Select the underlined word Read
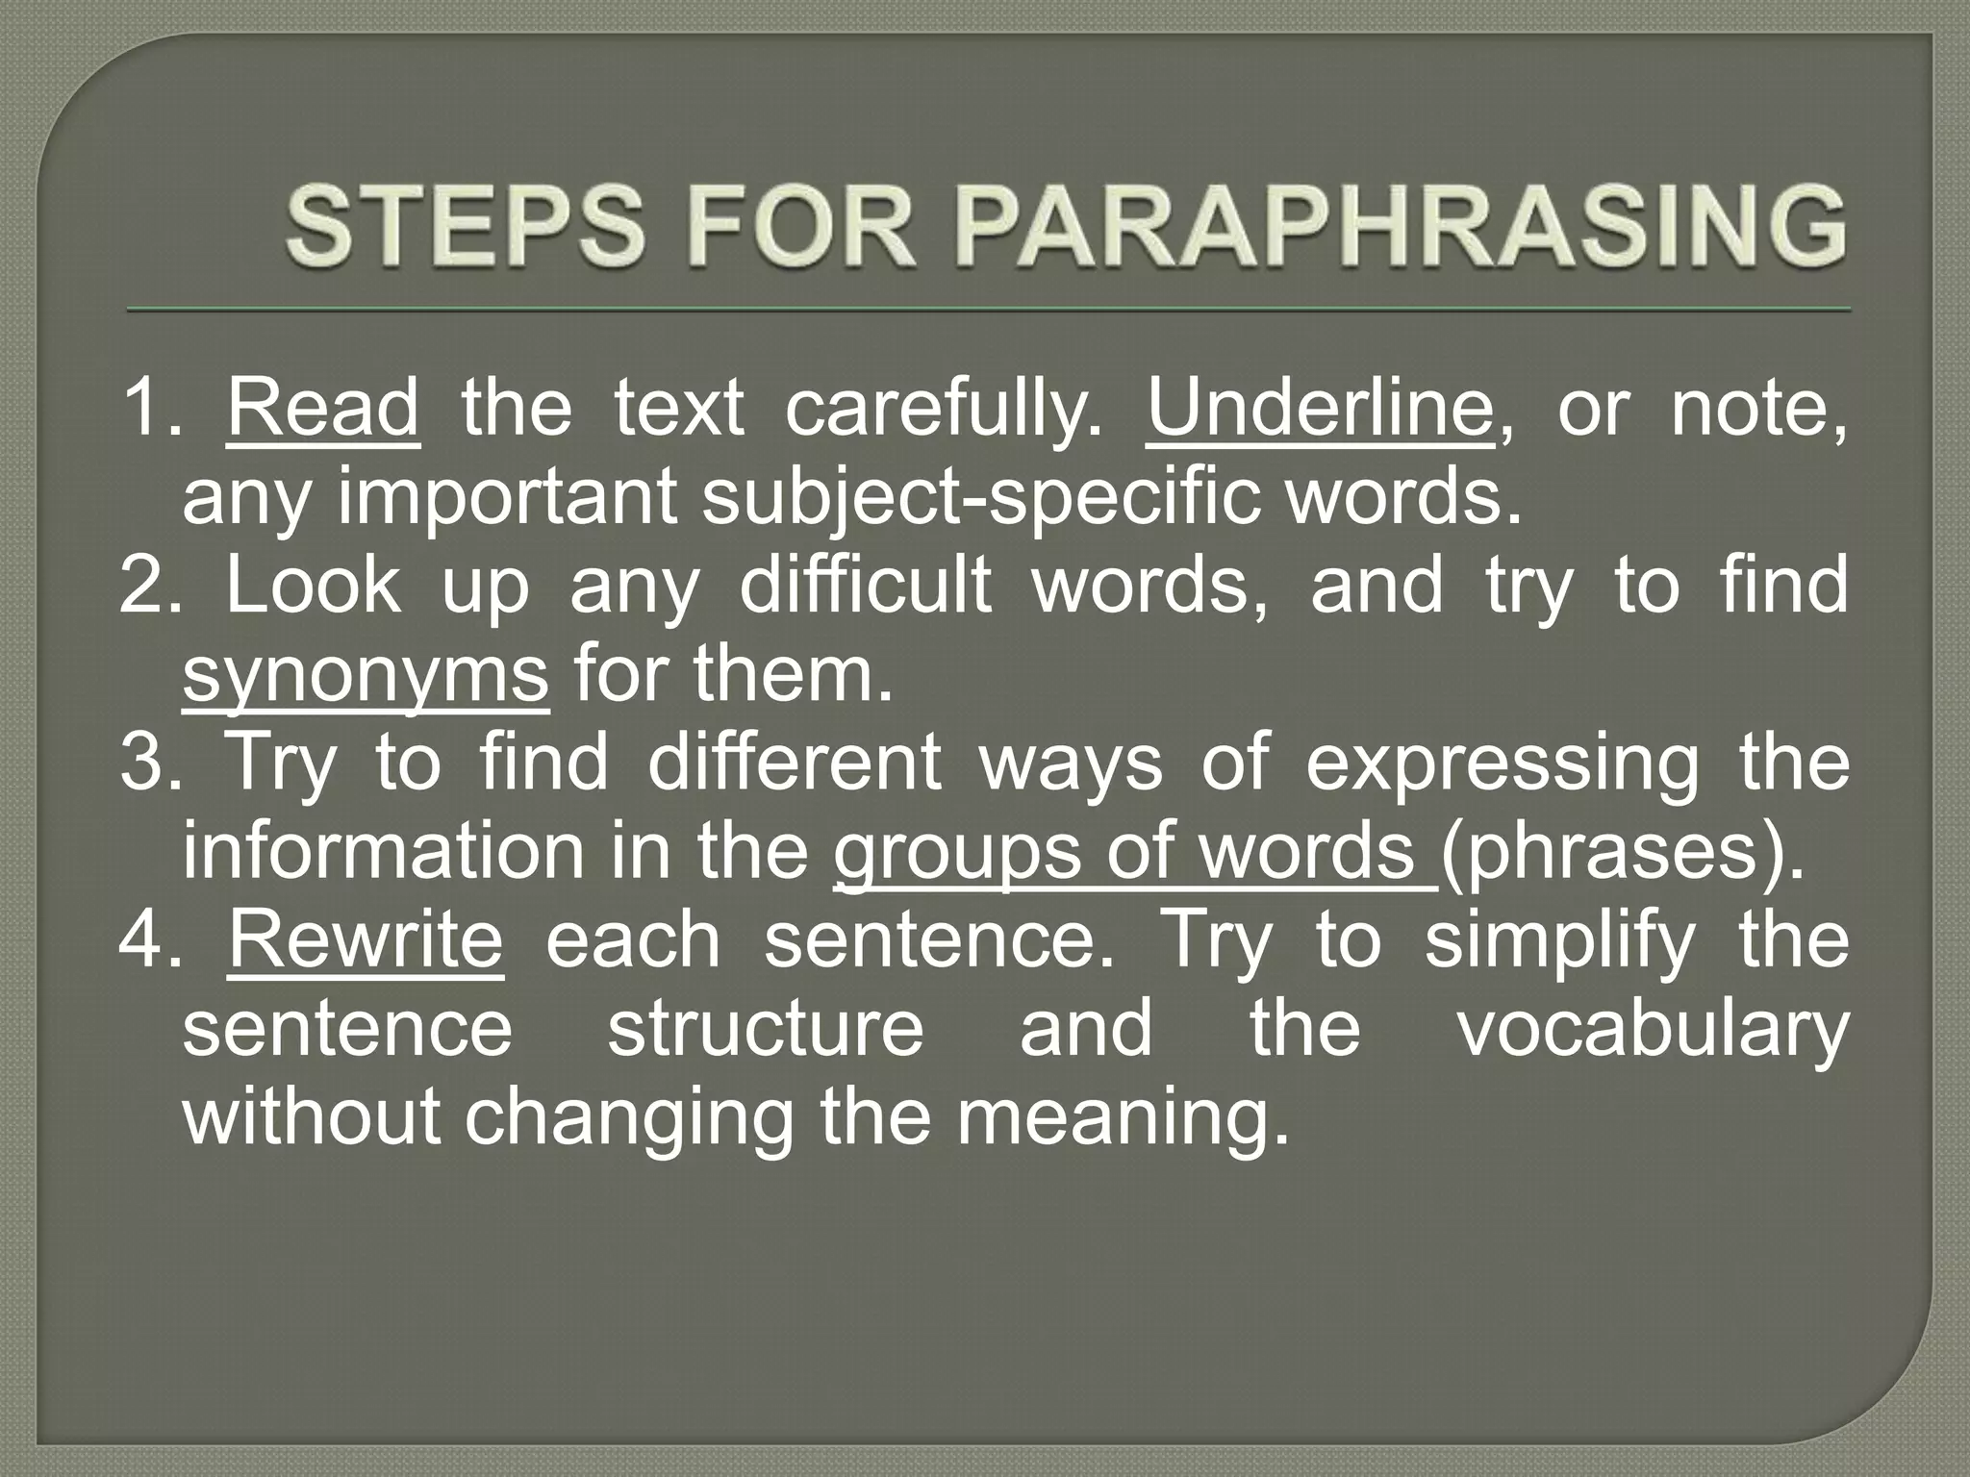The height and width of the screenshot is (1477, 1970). (x=323, y=409)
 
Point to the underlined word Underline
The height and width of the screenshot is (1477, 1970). (x=1321, y=409)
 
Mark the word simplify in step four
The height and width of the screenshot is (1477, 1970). (x=1559, y=941)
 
